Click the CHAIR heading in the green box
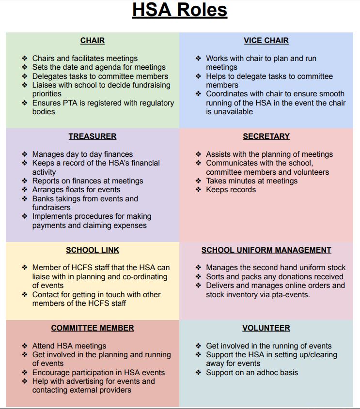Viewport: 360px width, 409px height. (x=93, y=41)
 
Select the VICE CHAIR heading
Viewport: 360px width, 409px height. (x=266, y=41)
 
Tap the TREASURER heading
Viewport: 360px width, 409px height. (x=93, y=136)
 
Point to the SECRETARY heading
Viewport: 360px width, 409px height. (x=266, y=136)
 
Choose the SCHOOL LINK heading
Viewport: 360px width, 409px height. (x=93, y=250)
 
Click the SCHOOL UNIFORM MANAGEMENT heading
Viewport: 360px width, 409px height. (x=266, y=250)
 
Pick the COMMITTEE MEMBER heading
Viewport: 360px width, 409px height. (x=93, y=328)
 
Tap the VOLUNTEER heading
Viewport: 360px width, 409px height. (x=266, y=328)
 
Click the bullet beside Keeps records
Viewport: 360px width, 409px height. (x=199, y=190)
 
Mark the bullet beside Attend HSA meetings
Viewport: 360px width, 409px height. (x=25, y=346)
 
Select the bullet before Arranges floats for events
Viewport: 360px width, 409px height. (x=25, y=190)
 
